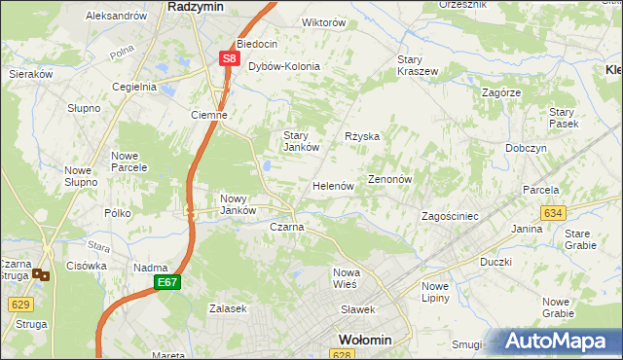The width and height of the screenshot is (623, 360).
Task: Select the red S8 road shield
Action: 228,59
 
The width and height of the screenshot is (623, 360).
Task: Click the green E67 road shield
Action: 166,282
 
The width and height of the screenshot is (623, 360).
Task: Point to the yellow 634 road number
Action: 553,212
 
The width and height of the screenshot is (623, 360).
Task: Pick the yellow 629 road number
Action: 18,304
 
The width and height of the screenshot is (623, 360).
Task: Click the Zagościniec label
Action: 449,216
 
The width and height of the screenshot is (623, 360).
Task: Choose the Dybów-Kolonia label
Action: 283,66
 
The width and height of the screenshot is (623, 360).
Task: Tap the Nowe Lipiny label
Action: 435,292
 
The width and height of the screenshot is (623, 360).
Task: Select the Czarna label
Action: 286,227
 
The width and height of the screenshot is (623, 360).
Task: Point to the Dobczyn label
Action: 526,148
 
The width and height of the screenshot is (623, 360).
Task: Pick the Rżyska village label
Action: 362,136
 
